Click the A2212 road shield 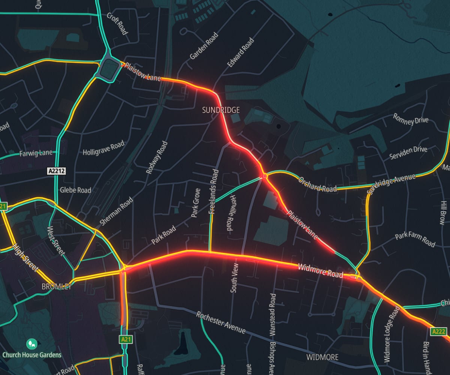[x=57, y=171]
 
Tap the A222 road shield [x=438, y=331]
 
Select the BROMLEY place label [x=56, y=286]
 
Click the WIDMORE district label [x=322, y=357]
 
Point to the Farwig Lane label [x=36, y=154]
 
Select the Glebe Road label [x=75, y=190]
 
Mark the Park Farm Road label [x=415, y=240]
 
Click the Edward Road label [x=241, y=52]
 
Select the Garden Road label [x=204, y=46]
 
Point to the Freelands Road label [x=214, y=192]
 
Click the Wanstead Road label [x=273, y=314]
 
